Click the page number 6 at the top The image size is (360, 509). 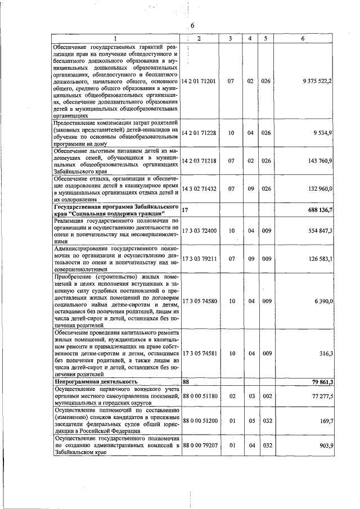pos(192,26)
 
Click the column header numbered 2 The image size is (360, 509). pos(199,38)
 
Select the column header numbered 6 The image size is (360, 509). pos(303,38)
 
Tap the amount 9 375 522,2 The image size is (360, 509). pos(317,81)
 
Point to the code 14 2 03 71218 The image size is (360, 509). pos(199,161)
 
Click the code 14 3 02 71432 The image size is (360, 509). pos(199,189)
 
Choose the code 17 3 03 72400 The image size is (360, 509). pos(199,230)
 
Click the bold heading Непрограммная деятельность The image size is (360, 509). pos(96,381)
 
